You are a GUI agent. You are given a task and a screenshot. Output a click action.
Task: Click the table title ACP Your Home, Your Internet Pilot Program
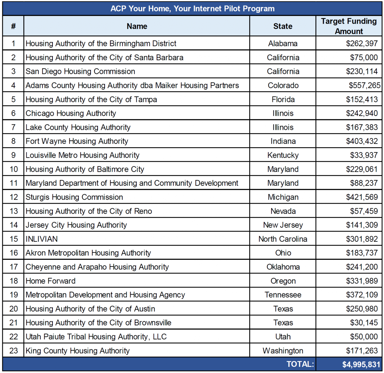(192, 9)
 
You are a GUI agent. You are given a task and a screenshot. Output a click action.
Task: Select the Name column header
(137, 26)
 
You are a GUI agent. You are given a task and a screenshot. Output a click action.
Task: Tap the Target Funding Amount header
(349, 26)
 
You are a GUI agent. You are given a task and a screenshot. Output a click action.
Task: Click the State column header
(283, 26)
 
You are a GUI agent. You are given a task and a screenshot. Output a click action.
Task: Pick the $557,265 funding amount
(364, 85)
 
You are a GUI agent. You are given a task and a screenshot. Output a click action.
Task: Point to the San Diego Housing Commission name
(80, 71)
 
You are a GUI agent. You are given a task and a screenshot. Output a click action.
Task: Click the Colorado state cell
(283, 85)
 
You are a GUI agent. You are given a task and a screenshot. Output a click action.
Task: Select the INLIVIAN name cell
(42, 239)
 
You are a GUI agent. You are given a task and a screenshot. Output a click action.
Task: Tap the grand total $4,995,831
(361, 364)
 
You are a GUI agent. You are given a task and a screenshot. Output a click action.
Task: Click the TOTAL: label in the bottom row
(300, 364)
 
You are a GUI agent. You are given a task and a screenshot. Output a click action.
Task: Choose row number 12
(13, 197)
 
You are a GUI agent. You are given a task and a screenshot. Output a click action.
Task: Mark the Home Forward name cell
(51, 281)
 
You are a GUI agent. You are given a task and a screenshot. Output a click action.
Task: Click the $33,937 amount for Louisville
(364, 155)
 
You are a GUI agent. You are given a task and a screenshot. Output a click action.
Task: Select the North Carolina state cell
(283, 239)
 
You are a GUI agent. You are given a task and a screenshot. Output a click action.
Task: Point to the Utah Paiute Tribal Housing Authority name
(96, 337)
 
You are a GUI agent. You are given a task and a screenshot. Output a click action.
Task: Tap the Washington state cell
(283, 351)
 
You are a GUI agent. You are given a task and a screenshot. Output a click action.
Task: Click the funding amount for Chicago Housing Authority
(362, 113)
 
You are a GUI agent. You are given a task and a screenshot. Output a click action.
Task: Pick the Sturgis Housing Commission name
(74, 197)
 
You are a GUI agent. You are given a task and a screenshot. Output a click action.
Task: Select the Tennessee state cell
(283, 295)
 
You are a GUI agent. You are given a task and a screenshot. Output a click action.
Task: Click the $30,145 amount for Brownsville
(364, 322)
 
